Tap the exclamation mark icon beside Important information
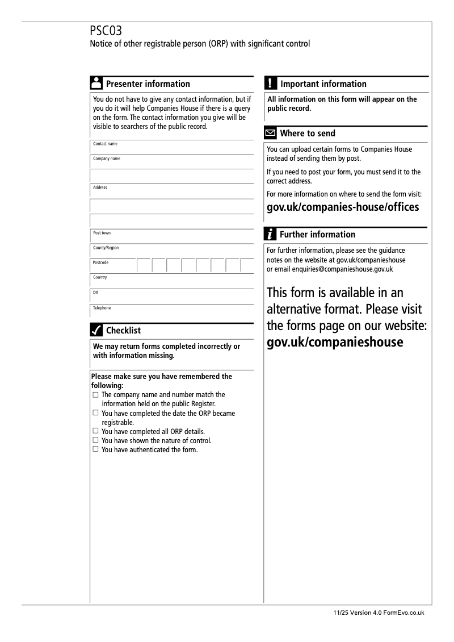click(271, 84)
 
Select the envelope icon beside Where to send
click(271, 134)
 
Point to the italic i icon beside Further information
click(271, 234)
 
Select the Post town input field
click(171, 236)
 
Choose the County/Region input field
click(171, 251)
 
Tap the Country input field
click(171, 281)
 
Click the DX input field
click(171, 295)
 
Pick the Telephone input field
click(171, 311)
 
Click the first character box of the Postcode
click(144, 265)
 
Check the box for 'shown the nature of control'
click(95, 440)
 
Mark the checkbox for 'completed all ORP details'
click(95, 431)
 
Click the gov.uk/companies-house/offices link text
click(343, 207)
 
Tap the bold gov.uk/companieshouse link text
click(335, 342)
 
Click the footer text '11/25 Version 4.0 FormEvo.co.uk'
click(379, 613)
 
